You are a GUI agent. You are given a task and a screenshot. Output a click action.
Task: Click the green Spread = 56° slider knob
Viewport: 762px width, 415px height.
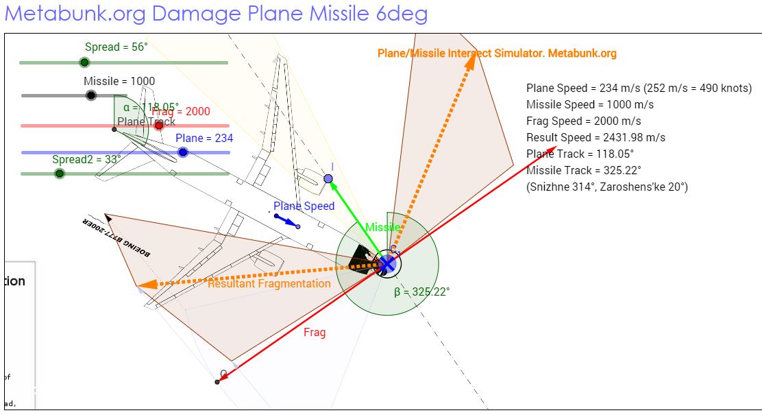(x=84, y=62)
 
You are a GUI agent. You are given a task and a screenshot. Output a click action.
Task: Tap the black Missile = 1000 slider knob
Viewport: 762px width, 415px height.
(x=90, y=95)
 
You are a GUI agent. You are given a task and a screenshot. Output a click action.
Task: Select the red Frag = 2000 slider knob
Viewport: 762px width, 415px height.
(x=159, y=125)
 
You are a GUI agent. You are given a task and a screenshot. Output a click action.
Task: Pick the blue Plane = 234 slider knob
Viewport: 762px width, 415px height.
(x=183, y=152)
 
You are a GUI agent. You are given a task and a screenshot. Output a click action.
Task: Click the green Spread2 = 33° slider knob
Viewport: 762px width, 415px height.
(x=60, y=174)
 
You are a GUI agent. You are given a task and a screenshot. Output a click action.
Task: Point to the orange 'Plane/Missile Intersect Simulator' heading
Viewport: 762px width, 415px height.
(x=497, y=53)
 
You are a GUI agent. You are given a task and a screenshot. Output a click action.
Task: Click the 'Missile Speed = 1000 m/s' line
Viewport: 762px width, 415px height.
(x=589, y=104)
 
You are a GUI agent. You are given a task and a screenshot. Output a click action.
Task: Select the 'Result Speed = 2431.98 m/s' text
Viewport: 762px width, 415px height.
(x=595, y=137)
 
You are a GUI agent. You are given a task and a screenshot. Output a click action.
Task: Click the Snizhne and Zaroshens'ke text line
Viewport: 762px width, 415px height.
(x=606, y=187)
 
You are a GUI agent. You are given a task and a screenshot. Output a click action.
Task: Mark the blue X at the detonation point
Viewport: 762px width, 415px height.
(x=387, y=263)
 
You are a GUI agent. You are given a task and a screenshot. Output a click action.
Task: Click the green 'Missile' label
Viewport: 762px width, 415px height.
(x=382, y=227)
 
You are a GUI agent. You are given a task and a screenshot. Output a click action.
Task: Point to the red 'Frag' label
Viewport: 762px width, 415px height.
(x=315, y=332)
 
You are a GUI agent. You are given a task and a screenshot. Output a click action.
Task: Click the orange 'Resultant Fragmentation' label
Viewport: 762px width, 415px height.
(x=269, y=283)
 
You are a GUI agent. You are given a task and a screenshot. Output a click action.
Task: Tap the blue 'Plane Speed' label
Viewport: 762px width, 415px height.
(x=304, y=206)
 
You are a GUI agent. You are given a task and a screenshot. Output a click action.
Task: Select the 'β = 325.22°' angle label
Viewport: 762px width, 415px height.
(x=421, y=292)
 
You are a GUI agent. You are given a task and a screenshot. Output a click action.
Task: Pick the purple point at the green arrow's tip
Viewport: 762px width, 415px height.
(x=328, y=179)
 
